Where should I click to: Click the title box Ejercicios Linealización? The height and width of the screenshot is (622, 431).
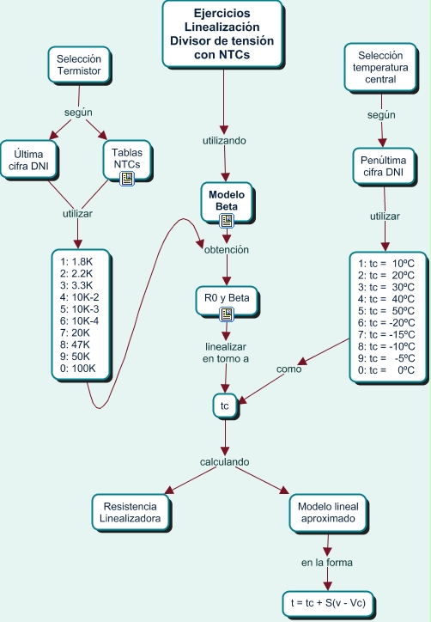coord(223,33)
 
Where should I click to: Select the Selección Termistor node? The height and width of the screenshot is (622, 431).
coord(78,65)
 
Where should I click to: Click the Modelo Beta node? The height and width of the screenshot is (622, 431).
coord(227,200)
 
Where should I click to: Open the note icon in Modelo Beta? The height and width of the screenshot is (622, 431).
coord(227,222)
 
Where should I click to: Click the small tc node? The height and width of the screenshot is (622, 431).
coord(225,405)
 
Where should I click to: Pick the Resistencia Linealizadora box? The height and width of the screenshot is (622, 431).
coord(131,512)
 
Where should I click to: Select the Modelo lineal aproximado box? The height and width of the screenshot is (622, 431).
coord(327,512)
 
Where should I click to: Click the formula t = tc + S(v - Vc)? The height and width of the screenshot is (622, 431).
coord(328,602)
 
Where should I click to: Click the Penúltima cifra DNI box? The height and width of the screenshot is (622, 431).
coord(384,166)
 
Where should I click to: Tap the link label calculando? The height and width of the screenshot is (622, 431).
coord(225,462)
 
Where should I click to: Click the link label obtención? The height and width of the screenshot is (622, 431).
coord(226,250)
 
